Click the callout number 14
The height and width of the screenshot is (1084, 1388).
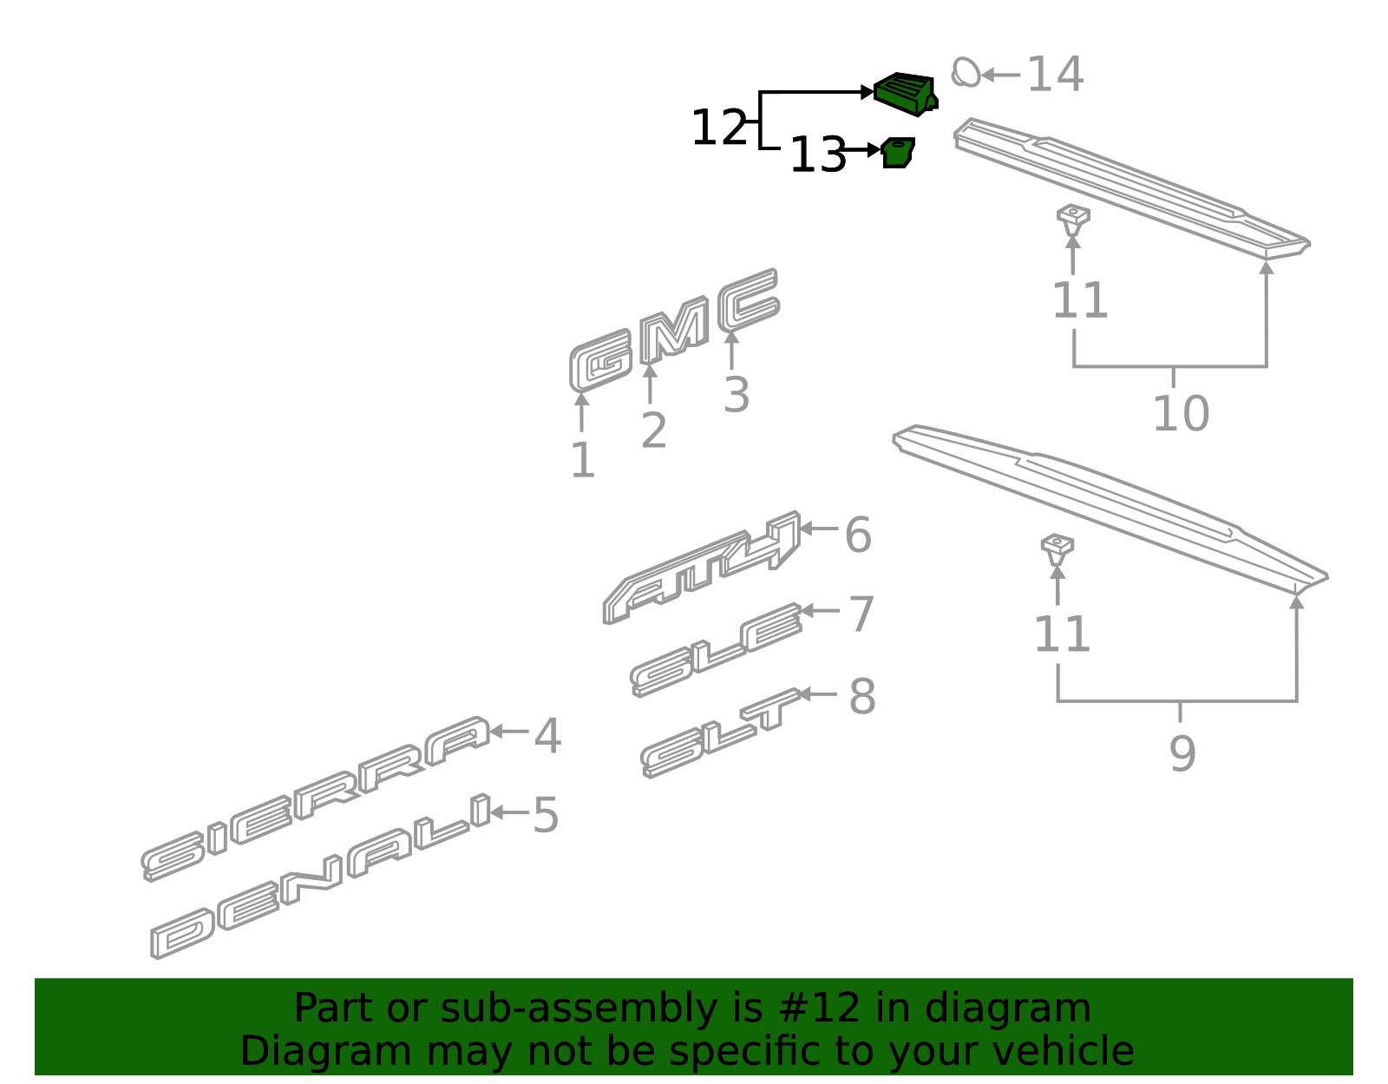coord(1055,74)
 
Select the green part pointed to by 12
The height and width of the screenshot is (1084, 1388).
coord(905,94)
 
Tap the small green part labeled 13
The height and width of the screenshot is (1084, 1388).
coord(898,153)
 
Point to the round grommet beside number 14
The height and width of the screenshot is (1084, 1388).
coord(966,72)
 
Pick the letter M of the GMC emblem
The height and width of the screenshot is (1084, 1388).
coord(675,330)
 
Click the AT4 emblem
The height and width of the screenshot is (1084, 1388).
coord(701,567)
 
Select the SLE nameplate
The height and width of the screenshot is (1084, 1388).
coord(716,649)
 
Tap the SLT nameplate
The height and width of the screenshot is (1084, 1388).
coord(721,733)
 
